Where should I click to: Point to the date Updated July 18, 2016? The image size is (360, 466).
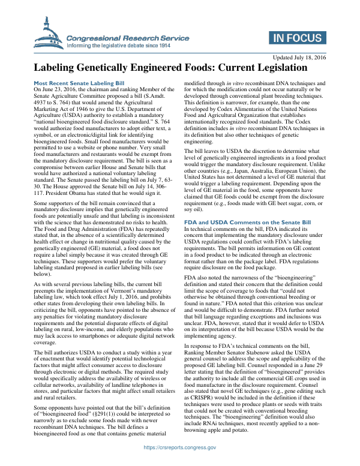coord(295,57)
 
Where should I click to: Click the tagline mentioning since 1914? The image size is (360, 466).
coord(119,45)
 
